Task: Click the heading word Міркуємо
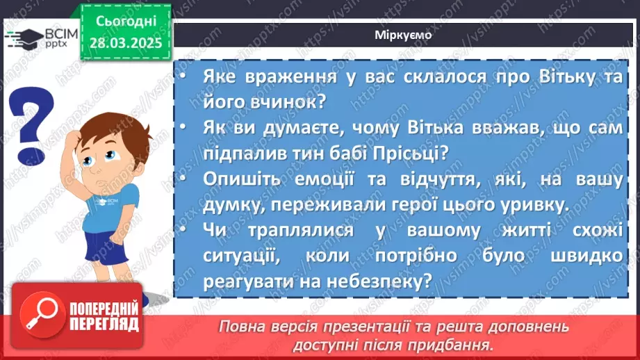pyautogui.click(x=402, y=35)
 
